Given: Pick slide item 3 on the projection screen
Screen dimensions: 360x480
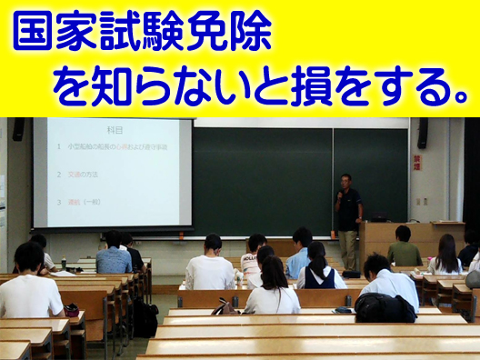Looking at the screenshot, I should pyautogui.click(x=83, y=202).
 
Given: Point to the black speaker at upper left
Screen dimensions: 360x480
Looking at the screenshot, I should pyautogui.click(x=18, y=129).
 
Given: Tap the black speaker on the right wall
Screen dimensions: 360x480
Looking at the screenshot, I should pyautogui.click(x=422, y=133).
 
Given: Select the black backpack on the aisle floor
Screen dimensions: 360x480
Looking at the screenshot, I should pyautogui.click(x=144, y=318).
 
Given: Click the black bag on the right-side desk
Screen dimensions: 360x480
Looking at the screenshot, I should pyautogui.click(x=385, y=307).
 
